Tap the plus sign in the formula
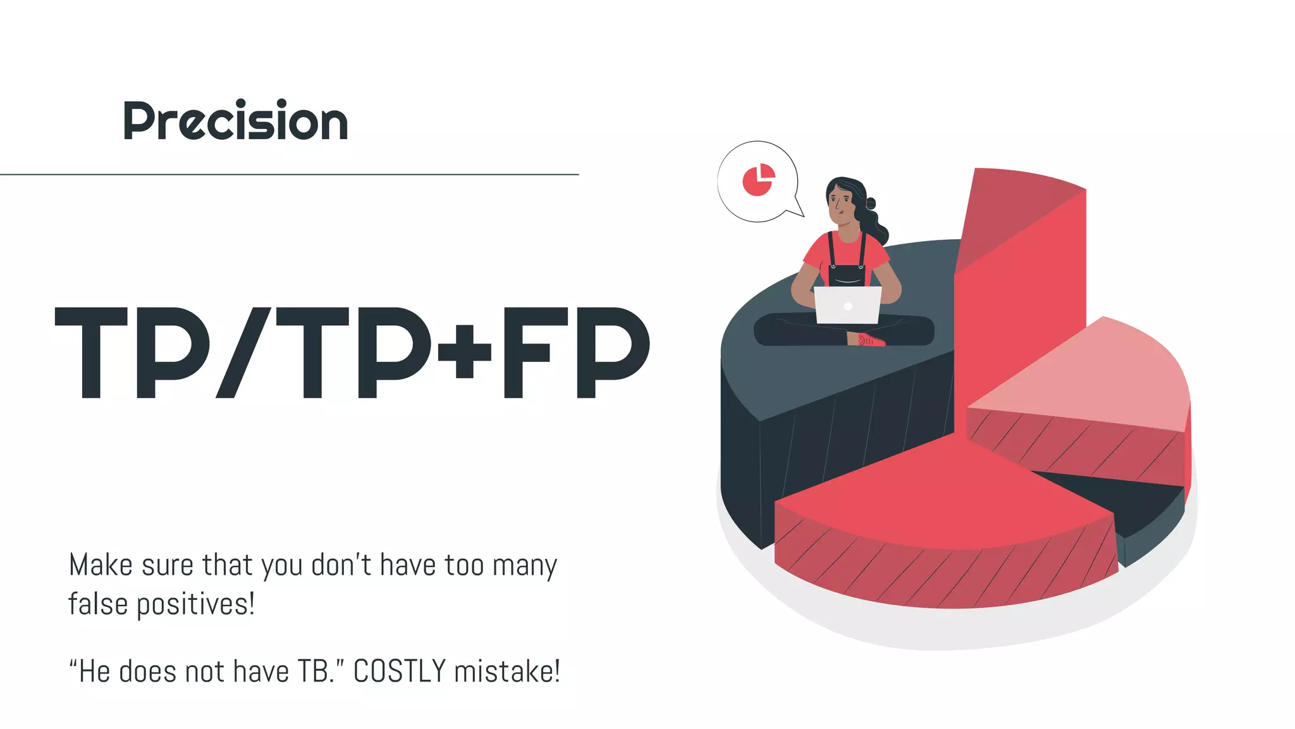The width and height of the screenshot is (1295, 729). [x=465, y=351]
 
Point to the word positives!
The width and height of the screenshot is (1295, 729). [x=196, y=604]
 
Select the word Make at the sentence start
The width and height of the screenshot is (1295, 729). [x=101, y=564]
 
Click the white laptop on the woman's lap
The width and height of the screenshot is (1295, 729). [x=847, y=305]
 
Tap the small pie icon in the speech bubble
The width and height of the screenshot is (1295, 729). [x=758, y=180]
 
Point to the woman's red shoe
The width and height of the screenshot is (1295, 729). [x=871, y=340]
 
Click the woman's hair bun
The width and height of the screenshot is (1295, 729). [x=871, y=203]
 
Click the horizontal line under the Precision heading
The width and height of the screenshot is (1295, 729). [x=289, y=174]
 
